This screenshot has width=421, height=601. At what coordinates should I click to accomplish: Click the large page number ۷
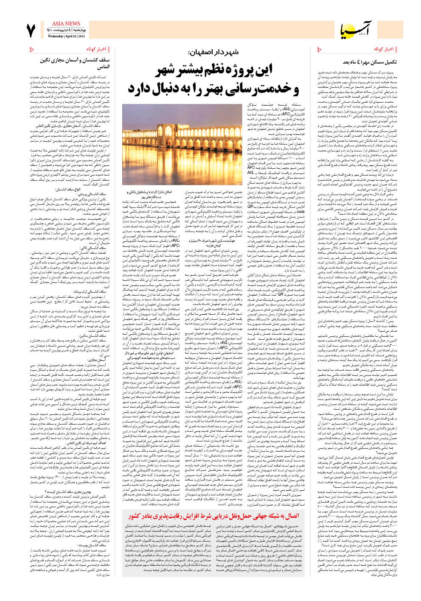pyautogui.click(x=31, y=31)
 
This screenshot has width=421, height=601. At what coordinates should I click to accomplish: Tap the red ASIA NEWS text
pyautogui.click(x=66, y=24)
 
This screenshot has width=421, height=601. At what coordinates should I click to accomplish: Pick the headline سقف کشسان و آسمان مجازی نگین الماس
pyautogui.click(x=76, y=64)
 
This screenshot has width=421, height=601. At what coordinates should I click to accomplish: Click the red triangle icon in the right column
pyautogui.click(x=319, y=50)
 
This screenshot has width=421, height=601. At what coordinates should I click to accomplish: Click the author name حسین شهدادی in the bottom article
pyautogui.click(x=286, y=526)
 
